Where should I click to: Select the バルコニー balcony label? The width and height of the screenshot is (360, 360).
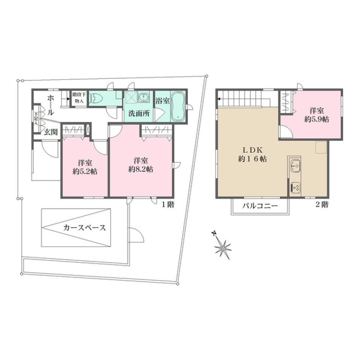259,206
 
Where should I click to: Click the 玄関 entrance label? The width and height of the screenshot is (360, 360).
51,132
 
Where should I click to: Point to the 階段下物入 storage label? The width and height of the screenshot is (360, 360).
79,98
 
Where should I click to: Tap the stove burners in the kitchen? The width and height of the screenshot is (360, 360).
295,187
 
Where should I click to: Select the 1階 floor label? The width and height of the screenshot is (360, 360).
167,205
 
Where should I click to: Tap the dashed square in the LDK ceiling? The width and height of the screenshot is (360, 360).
321,147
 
